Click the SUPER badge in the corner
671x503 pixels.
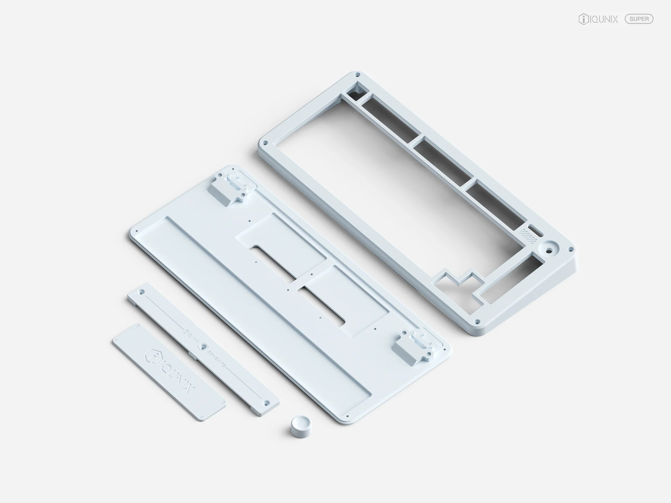[x=639, y=19]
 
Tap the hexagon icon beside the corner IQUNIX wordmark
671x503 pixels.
[x=583, y=19]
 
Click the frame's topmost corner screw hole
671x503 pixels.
[x=358, y=74]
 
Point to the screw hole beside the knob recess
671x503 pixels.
[x=569, y=249]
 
